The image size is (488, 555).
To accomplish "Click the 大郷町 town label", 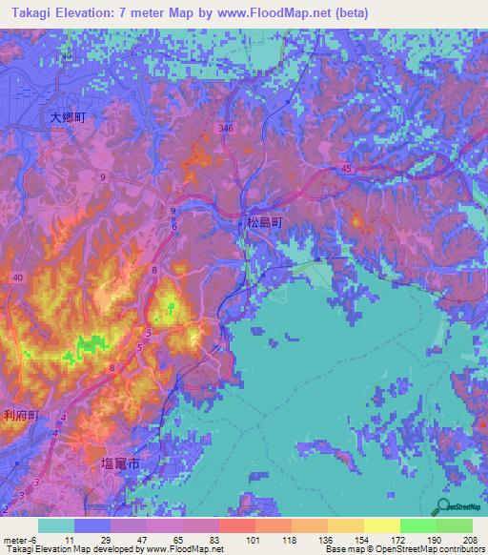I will [68, 117].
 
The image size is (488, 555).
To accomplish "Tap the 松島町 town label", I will [264, 221].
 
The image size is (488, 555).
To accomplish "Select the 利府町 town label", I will [20, 415].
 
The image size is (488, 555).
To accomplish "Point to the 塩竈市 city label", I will [120, 463].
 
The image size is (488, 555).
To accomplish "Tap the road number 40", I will [18, 277].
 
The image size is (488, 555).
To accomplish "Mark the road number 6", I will [174, 226].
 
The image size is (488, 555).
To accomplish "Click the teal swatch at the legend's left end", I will [55, 526].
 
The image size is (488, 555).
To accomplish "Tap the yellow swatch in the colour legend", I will [381, 526].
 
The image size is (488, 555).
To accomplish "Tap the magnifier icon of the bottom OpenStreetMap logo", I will [443, 506].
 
